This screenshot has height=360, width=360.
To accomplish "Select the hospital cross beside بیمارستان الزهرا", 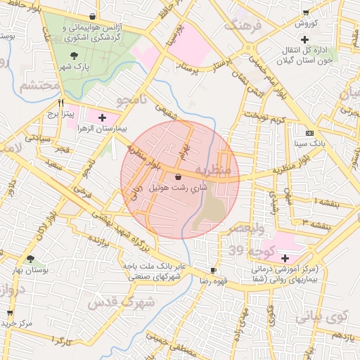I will click(103, 117).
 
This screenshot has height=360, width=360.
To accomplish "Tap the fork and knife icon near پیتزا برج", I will click(62, 102).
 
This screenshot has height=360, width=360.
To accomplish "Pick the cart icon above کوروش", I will click(305, 13).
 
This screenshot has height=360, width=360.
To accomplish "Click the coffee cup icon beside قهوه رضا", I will click(214, 271).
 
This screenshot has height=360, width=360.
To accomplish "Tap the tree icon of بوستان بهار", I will click(30, 259).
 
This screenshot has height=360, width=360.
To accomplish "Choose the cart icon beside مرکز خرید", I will click(10, 313).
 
